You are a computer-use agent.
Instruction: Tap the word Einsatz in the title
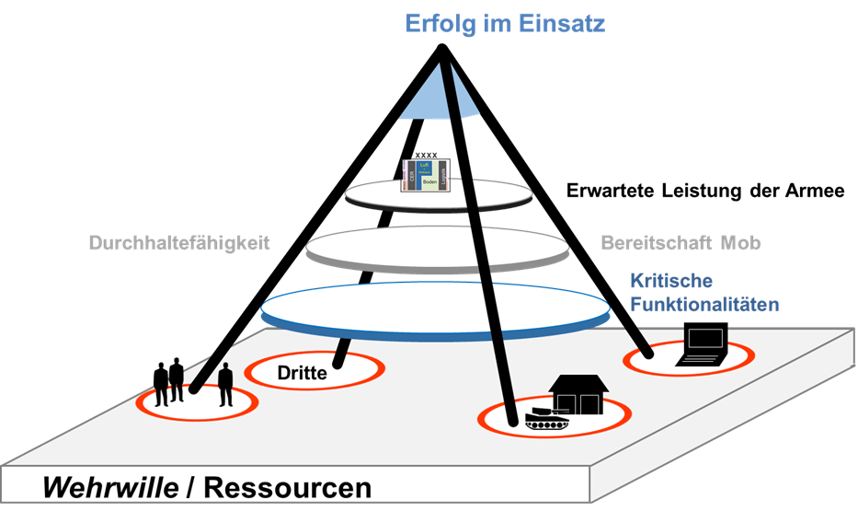click(x=561, y=24)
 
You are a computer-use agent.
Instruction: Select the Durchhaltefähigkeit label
click(x=184, y=244)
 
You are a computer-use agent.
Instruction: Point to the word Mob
click(x=740, y=244)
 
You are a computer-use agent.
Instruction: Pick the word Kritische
click(x=671, y=281)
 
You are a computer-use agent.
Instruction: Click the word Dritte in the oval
click(x=302, y=373)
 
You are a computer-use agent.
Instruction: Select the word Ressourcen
click(x=287, y=487)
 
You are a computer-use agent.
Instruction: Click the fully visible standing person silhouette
click(x=225, y=386)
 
